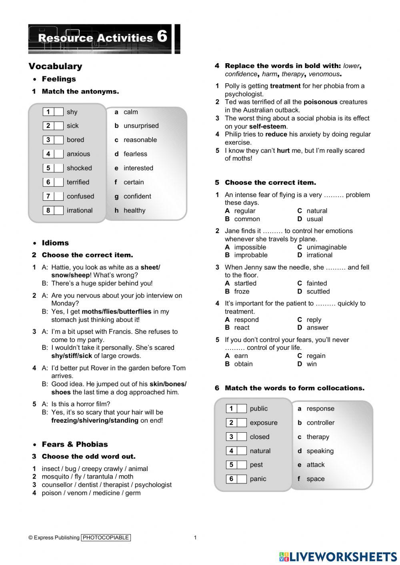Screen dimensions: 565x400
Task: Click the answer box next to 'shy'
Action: [58, 112]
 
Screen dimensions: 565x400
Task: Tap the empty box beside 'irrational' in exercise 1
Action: [58, 210]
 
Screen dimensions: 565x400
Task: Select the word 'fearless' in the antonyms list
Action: [135, 154]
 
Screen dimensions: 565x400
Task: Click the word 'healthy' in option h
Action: [134, 210]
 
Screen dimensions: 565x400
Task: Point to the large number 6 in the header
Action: [162, 37]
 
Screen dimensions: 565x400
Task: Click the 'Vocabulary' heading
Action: [55, 66]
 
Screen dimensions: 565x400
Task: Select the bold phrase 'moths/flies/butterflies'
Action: [116, 311]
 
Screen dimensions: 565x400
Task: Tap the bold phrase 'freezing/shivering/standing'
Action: [95, 420]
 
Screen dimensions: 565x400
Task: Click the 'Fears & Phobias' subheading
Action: [75, 444]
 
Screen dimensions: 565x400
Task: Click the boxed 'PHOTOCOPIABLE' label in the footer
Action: [106, 537]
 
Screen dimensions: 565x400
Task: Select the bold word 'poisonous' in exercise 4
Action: [320, 102]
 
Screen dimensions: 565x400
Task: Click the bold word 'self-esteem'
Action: [268, 126]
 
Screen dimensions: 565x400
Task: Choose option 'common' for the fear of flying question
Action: [247, 219]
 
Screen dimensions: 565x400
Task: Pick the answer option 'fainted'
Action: [316, 283]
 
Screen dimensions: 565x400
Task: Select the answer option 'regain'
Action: [316, 356]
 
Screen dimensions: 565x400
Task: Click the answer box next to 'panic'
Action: [242, 479]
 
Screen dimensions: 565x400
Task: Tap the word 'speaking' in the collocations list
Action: [320, 451]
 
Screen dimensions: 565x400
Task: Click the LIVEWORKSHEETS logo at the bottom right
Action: [338, 557]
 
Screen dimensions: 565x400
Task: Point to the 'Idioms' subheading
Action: [55, 243]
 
